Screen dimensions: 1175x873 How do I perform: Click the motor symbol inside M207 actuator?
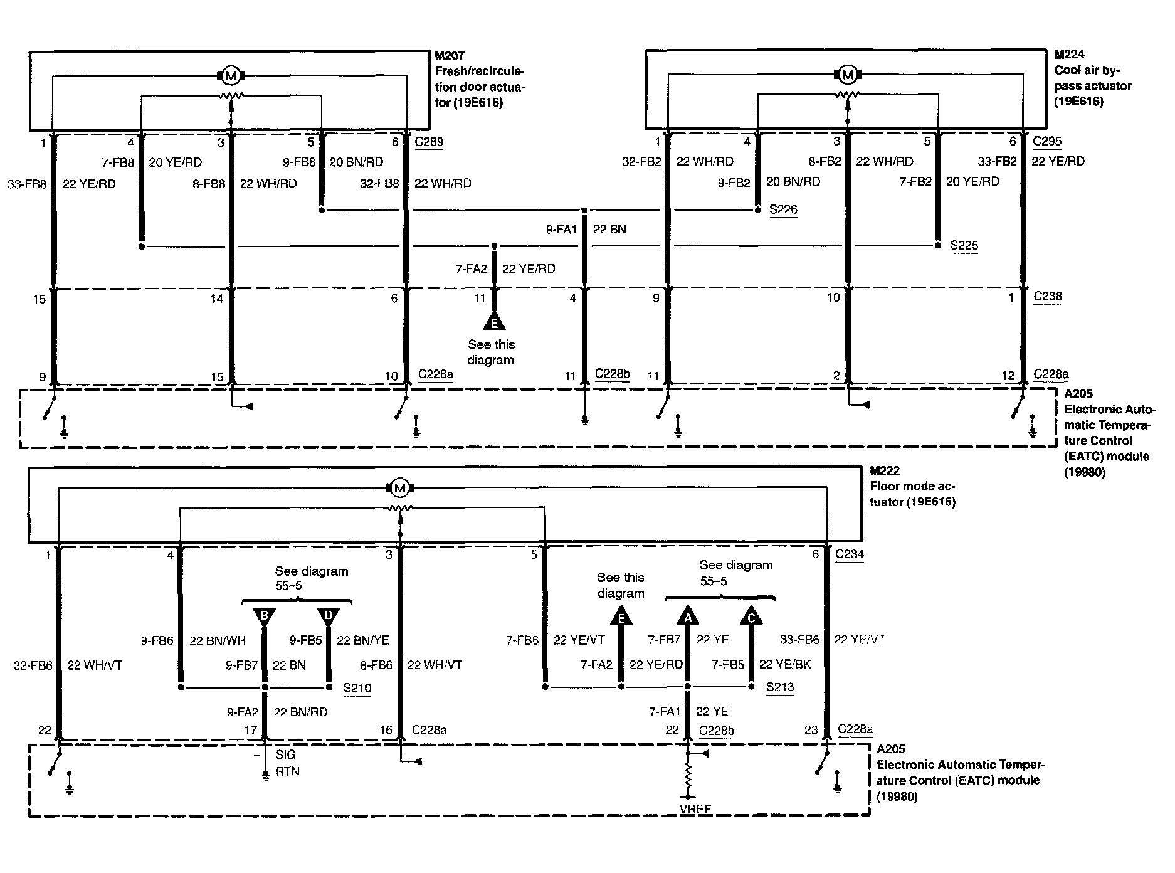point(231,76)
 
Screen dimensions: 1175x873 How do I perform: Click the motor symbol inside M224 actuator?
point(847,75)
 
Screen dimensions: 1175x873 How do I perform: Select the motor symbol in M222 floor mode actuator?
point(399,487)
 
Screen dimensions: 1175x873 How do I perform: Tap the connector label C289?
point(429,141)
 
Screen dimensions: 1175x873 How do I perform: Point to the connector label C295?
point(1047,141)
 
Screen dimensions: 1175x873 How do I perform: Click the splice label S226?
point(783,209)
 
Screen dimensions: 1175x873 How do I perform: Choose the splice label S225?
point(964,245)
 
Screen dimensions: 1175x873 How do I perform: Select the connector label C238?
point(1048,296)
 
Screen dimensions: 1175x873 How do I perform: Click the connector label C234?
point(850,554)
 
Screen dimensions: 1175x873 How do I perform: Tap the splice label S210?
point(357,689)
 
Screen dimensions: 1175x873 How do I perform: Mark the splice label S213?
point(780,687)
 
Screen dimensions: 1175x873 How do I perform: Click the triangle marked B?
point(264,617)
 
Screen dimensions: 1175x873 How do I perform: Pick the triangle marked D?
point(329,617)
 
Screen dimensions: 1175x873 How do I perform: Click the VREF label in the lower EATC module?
point(695,809)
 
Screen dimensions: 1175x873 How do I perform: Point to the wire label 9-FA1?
point(561,230)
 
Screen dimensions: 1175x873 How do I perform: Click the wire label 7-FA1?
point(665,711)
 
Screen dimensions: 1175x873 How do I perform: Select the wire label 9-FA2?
point(243,712)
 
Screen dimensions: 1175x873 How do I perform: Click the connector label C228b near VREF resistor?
point(717,731)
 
